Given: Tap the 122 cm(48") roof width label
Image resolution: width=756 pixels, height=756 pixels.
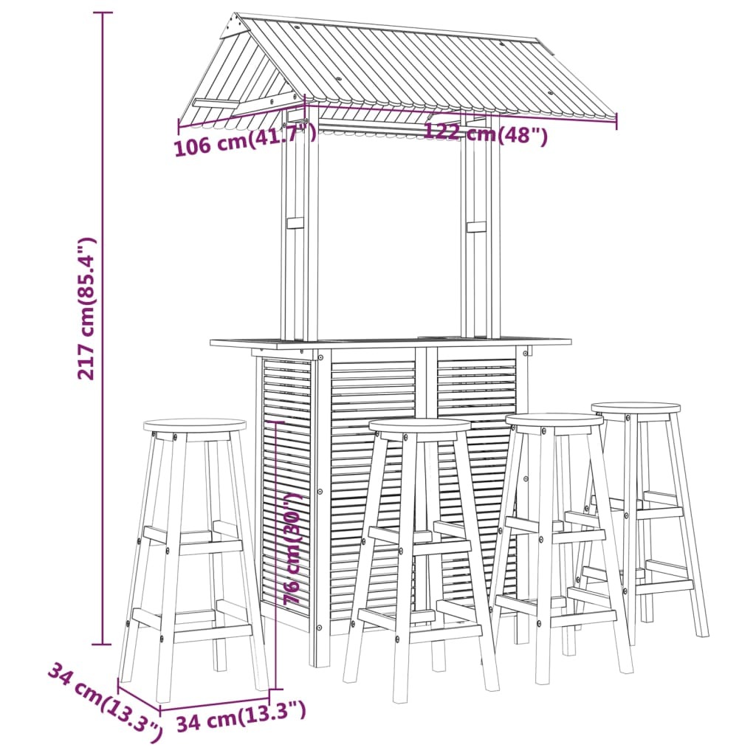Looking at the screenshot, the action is point(486,134).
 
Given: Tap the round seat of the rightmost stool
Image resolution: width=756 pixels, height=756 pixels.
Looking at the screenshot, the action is point(636,409).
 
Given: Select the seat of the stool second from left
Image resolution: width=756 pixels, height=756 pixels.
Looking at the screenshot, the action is point(419,426).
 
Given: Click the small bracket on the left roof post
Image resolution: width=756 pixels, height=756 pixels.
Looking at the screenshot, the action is point(295,223).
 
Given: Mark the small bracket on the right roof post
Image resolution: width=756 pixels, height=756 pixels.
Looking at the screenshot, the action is point(476,227).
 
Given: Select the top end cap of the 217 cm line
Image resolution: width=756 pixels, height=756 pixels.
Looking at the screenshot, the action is point(102,13).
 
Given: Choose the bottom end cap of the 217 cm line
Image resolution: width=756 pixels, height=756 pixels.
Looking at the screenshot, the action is point(102,644).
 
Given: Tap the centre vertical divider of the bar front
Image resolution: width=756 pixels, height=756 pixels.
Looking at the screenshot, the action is point(426,482).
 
